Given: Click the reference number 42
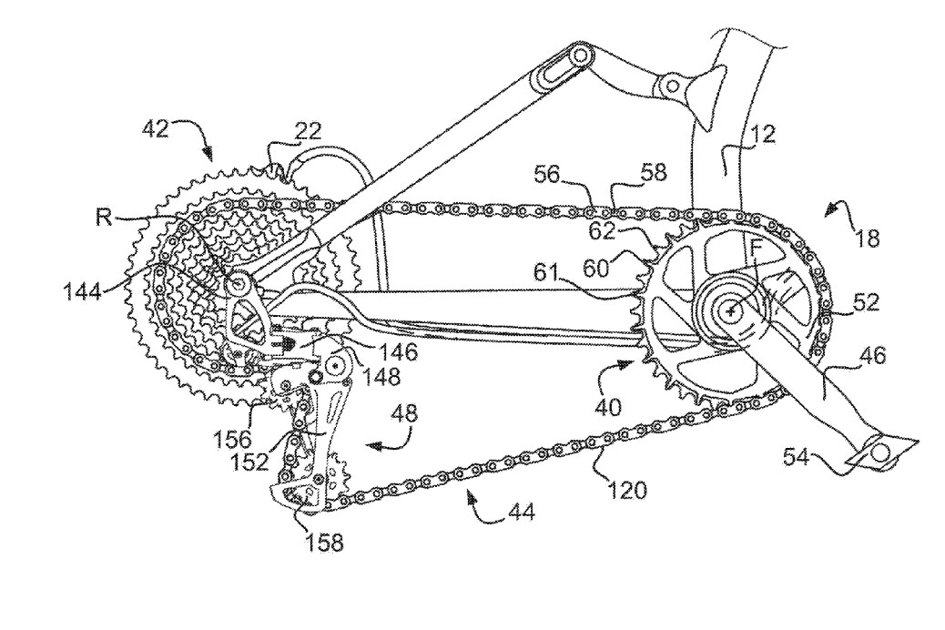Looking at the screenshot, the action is point(156,129).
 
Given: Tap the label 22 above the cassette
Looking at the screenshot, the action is point(309,131).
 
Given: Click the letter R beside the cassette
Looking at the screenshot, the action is point(104,217).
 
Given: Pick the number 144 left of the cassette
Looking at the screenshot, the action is point(84,295).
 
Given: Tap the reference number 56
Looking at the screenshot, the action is point(548,174).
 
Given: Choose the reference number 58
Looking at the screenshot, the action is point(654,173).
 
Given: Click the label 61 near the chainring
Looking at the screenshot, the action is point(546,274).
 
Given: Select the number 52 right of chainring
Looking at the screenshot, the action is point(865,302).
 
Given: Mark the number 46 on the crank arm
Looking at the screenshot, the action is point(873,356).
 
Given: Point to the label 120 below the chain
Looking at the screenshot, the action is point(627,490).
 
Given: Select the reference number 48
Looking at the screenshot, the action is point(405,414).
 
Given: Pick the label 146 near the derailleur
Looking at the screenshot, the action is point(399,351).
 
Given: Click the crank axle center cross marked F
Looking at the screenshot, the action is point(731,311).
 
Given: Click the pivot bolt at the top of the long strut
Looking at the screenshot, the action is point(580,56).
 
